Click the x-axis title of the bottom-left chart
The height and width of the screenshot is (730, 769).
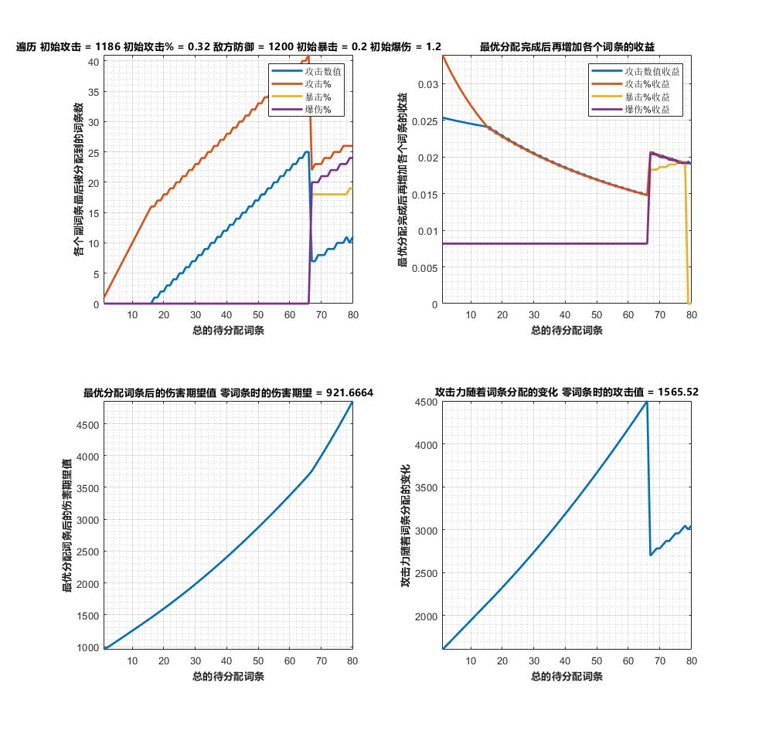pos(228,677)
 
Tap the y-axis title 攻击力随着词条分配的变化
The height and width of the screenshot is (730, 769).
pos(405,524)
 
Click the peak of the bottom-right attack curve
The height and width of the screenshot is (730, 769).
pos(647,402)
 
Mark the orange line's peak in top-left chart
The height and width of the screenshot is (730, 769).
pos(308,56)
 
